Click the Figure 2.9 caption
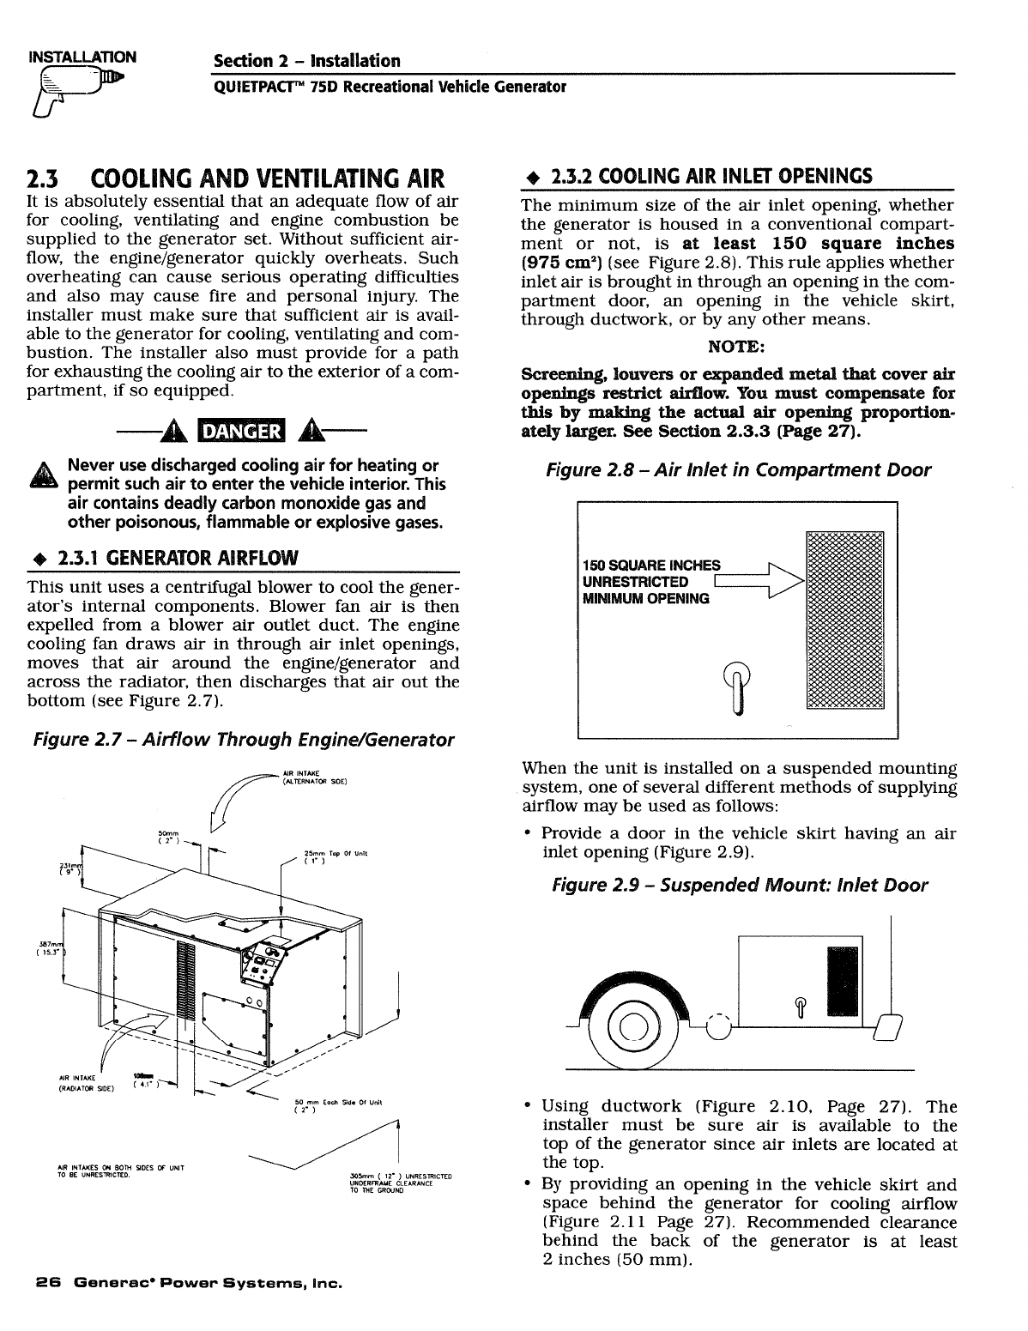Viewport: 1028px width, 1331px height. tap(739, 885)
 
